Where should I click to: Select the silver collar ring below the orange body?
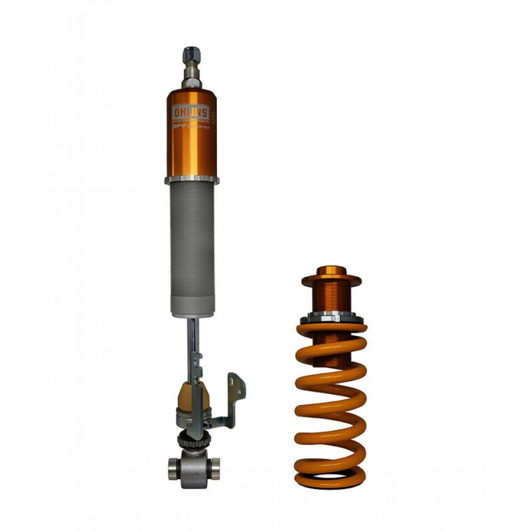pos(192,179)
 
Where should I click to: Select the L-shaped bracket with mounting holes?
pos(234,398)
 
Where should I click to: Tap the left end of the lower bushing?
pos(173,467)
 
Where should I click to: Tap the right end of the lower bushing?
pos(214,467)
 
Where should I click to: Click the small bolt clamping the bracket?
pos(208,423)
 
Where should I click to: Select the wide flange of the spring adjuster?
pos(331,281)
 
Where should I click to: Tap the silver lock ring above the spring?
pos(331,318)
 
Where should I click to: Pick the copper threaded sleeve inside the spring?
pos(331,299)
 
